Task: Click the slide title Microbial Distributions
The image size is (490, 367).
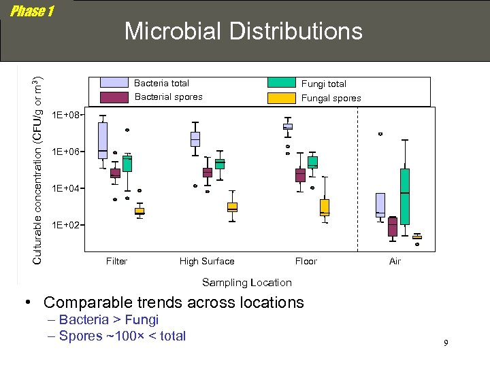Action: (243, 31)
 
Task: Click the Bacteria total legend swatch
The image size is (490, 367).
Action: (114, 83)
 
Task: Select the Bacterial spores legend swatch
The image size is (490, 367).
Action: (114, 97)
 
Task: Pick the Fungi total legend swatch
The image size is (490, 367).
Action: (280, 83)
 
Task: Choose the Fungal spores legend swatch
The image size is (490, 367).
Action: (280, 98)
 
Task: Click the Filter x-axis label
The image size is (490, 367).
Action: (116, 261)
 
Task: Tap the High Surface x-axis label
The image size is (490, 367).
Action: (206, 261)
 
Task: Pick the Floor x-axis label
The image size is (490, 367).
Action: (306, 261)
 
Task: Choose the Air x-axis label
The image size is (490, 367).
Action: (395, 261)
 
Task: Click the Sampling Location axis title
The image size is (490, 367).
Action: (246, 283)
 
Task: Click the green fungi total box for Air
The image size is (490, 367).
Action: (404, 196)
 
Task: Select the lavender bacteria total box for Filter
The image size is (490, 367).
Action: (102, 141)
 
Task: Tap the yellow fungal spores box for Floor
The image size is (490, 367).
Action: (325, 207)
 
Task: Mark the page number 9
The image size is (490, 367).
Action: (446, 343)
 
